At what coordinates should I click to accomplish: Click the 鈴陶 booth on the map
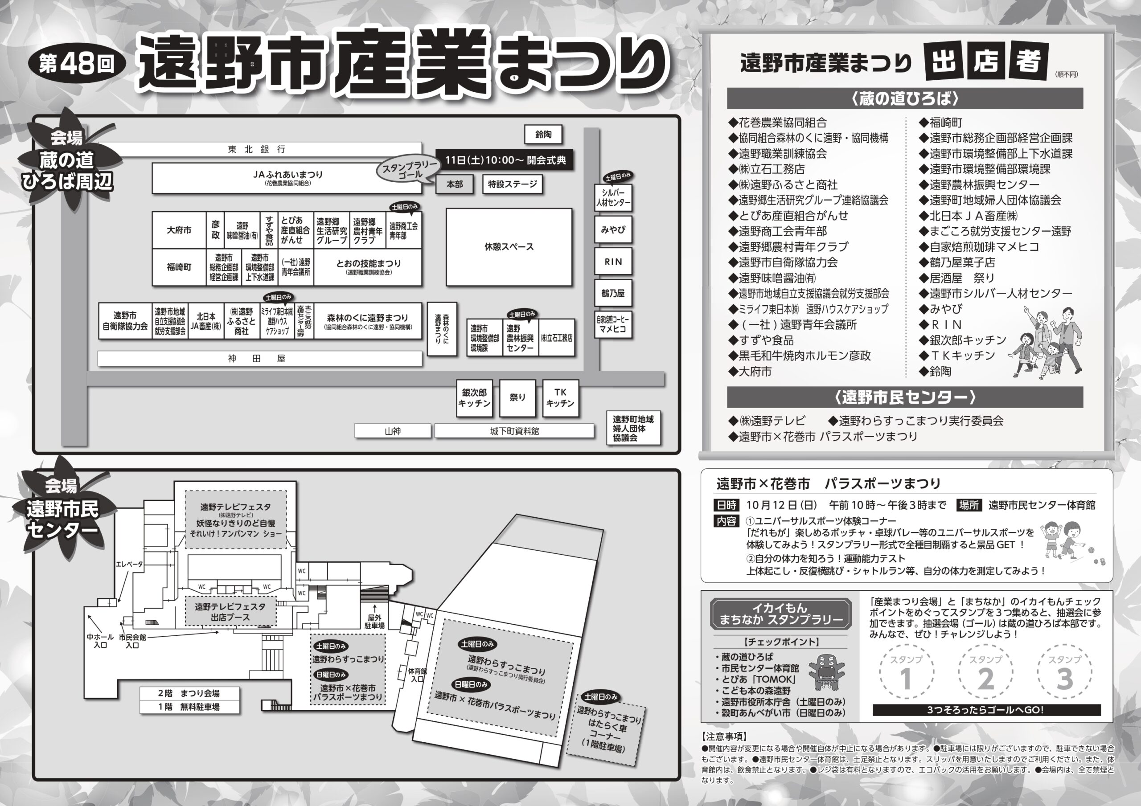(x=544, y=135)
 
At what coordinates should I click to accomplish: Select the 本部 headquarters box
(x=454, y=184)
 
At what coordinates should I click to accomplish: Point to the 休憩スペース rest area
(x=509, y=247)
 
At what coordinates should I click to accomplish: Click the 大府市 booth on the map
(x=179, y=230)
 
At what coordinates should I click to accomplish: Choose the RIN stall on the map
(x=613, y=262)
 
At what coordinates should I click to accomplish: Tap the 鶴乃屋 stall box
(x=613, y=293)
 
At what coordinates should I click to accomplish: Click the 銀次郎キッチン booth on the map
(x=474, y=398)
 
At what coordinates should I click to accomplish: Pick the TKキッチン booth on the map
(x=560, y=398)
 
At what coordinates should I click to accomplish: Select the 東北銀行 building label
(x=257, y=150)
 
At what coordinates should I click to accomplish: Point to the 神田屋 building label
(x=257, y=359)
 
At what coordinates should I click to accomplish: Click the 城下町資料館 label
(x=514, y=431)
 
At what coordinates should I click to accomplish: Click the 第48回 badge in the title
(x=77, y=64)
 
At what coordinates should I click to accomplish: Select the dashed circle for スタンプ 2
(x=986, y=673)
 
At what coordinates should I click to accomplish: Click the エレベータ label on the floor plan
(x=129, y=564)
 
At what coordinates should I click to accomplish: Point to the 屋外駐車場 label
(x=374, y=622)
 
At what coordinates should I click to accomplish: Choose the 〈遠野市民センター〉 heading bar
(x=904, y=397)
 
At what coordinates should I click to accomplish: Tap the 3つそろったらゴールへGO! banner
(x=986, y=710)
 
